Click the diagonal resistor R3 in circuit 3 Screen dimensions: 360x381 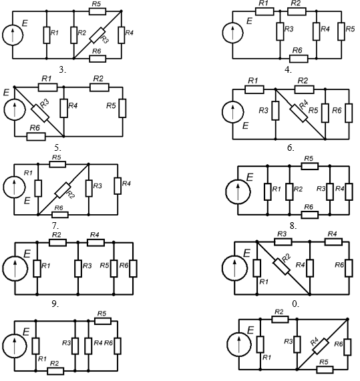coord(98,35)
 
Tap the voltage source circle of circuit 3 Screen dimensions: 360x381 coord(13,35)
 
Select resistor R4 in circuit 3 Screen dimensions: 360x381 coord(122,35)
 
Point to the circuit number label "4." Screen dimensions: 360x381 coord(288,70)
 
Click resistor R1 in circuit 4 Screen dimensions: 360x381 coord(264,11)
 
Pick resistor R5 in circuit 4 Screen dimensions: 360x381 coord(341,31)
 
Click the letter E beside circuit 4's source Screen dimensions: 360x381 coord(249,21)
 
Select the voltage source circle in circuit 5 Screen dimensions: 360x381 coord(15,109)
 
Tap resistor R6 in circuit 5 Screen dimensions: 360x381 coord(36,137)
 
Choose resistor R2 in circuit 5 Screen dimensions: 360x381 coord(100,87)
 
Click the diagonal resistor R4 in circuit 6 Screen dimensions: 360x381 coord(299,113)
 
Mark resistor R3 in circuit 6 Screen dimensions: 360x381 coord(275,111)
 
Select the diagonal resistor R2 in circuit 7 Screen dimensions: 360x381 coord(63,190)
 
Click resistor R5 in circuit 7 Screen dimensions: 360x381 coord(57,165)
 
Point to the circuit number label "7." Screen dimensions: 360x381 coord(55,226)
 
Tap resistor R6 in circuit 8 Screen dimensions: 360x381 coord(310,215)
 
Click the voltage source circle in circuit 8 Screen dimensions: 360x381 coord(238,192)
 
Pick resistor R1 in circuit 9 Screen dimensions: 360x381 coord(37,268)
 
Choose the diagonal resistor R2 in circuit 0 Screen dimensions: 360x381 coord(282,267)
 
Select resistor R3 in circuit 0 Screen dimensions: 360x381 coord(283,242)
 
